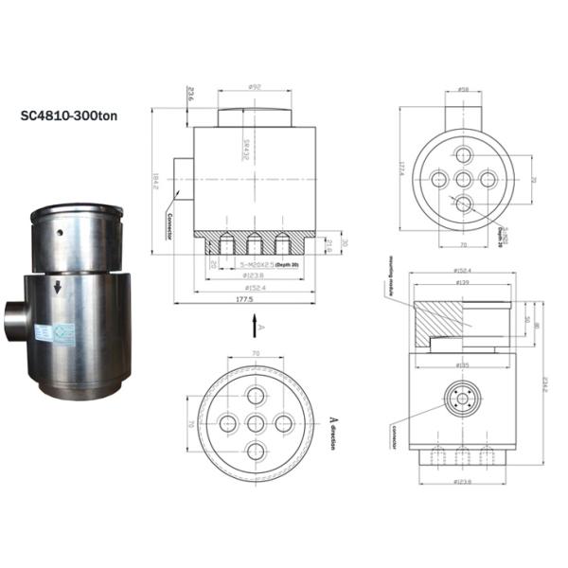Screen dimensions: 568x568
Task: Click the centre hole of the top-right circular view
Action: pos(463,179)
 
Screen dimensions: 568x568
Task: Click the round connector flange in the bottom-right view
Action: pos(463,402)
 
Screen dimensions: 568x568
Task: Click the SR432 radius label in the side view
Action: pos(244,149)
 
